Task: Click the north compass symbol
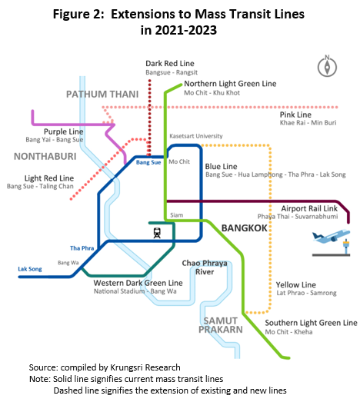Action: (327, 66)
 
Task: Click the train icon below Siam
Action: (157, 233)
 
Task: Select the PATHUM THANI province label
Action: (102, 95)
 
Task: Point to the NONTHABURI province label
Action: (45, 156)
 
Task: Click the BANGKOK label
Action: (245, 228)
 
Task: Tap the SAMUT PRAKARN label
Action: (221, 325)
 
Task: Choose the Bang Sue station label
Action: (148, 162)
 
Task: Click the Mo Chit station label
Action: (179, 161)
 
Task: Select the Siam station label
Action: (177, 215)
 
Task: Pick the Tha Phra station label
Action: (82, 248)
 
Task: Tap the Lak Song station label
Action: (30, 269)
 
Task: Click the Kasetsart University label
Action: (196, 136)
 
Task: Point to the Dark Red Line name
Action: (170, 63)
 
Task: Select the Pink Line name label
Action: (295, 115)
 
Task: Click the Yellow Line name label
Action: (296, 285)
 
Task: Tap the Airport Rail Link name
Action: (309, 208)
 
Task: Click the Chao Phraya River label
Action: (205, 267)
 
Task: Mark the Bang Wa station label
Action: (68, 263)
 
